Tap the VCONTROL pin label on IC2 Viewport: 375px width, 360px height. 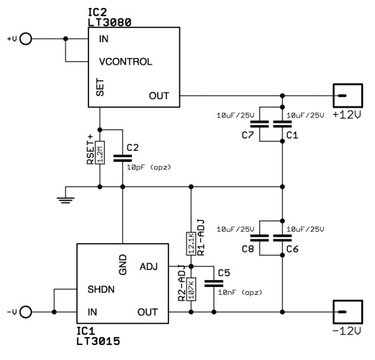(126, 61)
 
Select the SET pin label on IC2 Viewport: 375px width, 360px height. (100, 87)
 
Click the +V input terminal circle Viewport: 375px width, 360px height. (27, 39)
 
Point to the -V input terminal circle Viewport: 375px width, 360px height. (27, 312)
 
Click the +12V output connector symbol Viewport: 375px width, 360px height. (347, 96)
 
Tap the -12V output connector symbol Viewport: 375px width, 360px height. (347, 312)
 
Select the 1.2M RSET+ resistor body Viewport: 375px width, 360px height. (99, 152)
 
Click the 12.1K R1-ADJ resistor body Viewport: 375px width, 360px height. (191, 243)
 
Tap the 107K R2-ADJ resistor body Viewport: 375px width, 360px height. (191, 289)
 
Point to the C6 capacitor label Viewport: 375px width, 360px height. (292, 249)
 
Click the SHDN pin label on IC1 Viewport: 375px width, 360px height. (101, 289)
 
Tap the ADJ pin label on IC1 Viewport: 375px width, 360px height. (149, 266)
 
